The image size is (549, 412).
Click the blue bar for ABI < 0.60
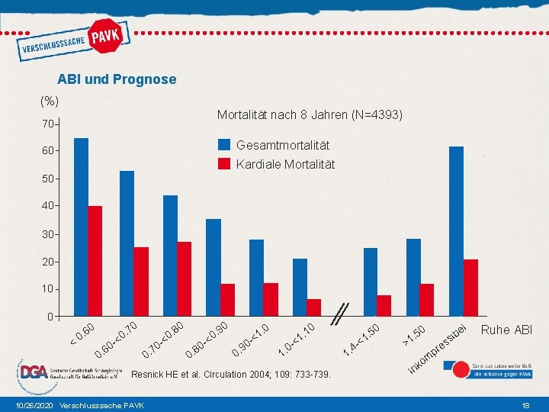tap(81, 227)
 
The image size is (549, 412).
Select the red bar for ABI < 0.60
tap(95, 260)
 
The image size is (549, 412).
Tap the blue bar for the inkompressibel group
tap(456, 230)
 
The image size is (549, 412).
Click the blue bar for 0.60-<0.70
tap(127, 243)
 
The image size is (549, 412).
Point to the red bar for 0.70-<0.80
tap(185, 278)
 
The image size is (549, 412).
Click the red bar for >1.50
tap(426, 299)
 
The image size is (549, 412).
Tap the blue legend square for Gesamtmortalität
tap(224, 145)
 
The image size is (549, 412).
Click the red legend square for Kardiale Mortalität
tap(224, 164)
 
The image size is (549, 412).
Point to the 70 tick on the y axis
tap(47, 124)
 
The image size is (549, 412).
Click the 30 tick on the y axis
tap(47, 234)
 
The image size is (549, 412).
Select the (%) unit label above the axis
tap(50, 101)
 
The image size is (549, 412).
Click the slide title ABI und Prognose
tap(117, 79)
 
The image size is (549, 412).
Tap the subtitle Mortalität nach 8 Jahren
tap(310, 115)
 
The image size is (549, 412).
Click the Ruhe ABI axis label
tap(506, 330)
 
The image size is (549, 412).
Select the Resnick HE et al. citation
tap(232, 375)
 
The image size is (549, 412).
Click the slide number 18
tap(525, 404)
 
